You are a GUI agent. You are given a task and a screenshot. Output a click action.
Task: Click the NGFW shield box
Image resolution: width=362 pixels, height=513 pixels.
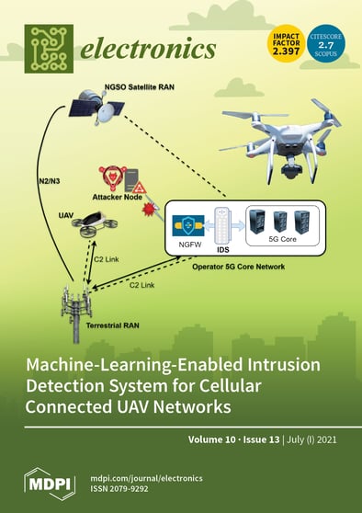[190, 229]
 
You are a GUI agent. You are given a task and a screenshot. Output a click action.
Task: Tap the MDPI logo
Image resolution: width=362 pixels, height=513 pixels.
[43, 483]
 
